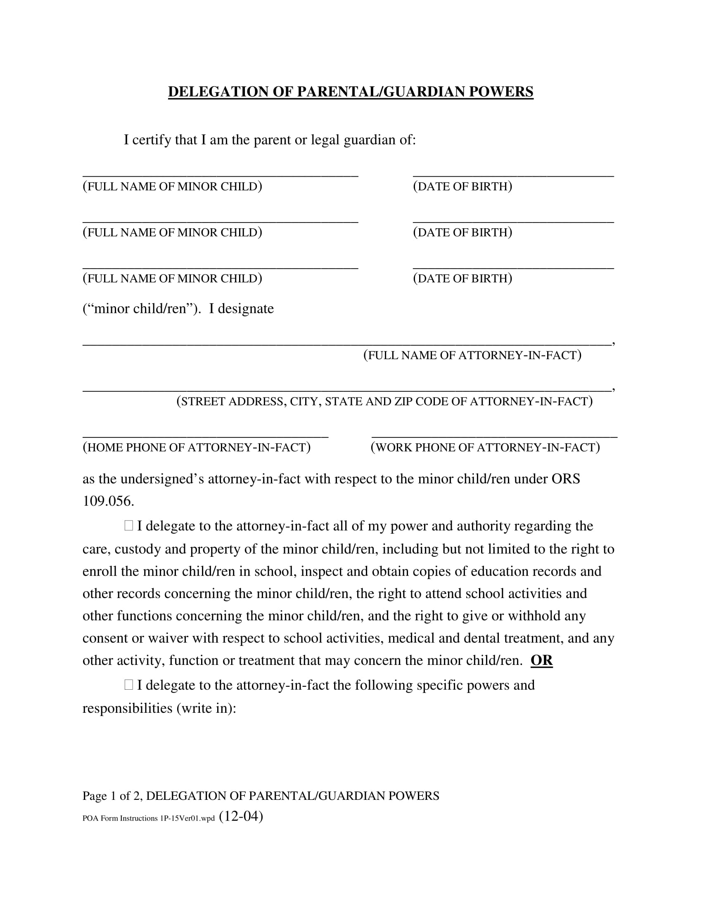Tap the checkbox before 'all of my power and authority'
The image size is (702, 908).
point(128,526)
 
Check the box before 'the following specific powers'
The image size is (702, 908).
point(128,685)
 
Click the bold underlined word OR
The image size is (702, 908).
point(541,661)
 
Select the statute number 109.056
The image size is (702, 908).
point(108,501)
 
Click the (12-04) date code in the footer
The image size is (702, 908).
point(241,816)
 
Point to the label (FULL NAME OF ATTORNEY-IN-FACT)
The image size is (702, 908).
point(472,355)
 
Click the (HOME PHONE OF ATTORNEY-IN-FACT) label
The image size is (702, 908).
point(197,447)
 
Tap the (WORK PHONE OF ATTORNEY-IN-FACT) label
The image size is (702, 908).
point(485,447)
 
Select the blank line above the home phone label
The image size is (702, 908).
point(206,436)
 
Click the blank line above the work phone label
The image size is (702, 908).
point(494,436)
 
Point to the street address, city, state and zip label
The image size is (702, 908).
point(385,401)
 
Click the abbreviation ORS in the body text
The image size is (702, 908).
point(566,479)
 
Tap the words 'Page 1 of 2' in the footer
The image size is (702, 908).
point(112,796)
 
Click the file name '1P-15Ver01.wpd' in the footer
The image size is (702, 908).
point(187,818)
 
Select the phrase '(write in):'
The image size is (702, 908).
point(206,708)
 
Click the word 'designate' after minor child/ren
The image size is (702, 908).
point(246,308)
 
